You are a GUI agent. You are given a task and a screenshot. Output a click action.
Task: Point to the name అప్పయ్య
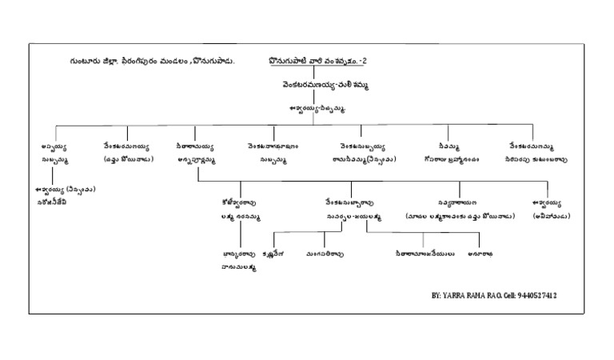coord(54,147)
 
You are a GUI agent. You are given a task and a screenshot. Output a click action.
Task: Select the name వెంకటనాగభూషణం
coord(273,147)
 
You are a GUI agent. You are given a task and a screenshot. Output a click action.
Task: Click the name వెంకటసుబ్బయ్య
coord(361,147)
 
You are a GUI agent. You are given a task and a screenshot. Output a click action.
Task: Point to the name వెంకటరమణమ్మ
coord(533,147)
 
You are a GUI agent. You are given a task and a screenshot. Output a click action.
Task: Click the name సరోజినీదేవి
coord(52,202)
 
